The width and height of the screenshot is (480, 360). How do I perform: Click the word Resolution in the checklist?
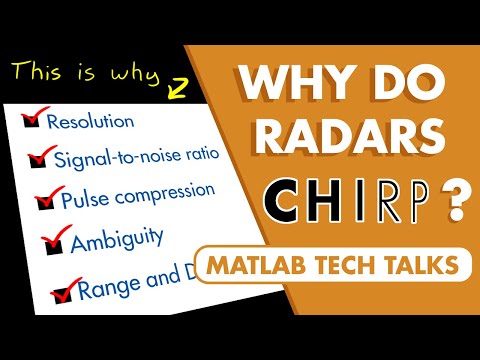(x=91, y=123)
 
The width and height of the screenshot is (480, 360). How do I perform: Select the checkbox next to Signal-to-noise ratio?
(x=39, y=157)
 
